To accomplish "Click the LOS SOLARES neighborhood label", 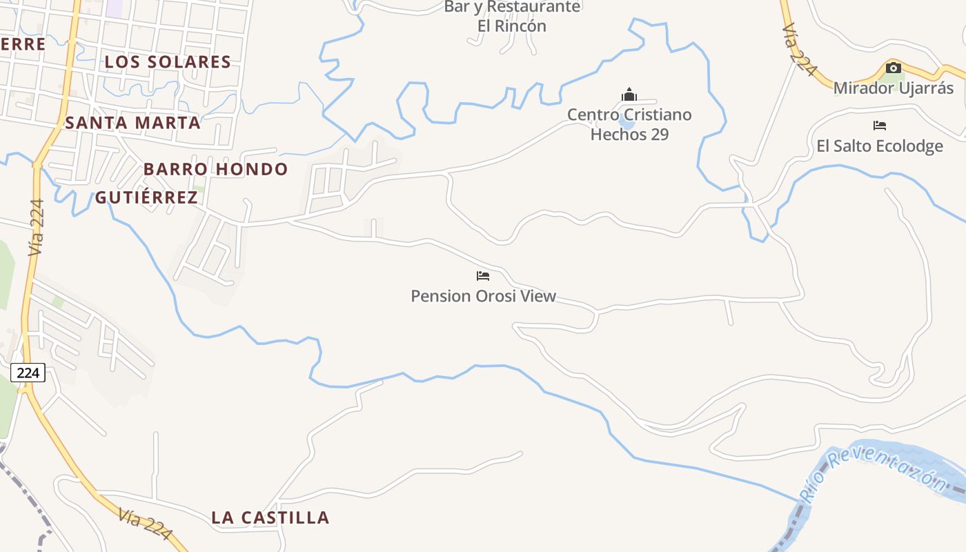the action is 168,62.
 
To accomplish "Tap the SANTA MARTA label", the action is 132,123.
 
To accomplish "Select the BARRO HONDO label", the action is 215,169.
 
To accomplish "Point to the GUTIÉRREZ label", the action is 146,197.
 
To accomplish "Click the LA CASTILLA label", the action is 270,517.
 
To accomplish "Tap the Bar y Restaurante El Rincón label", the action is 512,17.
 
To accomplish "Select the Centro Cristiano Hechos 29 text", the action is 629,124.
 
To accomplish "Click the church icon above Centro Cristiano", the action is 629,95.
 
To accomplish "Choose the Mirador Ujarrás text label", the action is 893,88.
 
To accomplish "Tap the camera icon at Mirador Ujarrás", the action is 893,68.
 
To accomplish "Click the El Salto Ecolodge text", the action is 879,146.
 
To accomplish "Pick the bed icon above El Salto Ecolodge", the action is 879,126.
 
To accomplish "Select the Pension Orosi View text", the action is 483,296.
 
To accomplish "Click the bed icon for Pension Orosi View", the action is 483,276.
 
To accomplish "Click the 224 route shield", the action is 28,373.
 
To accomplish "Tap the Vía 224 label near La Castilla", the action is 145,524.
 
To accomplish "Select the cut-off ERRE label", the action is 22,44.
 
